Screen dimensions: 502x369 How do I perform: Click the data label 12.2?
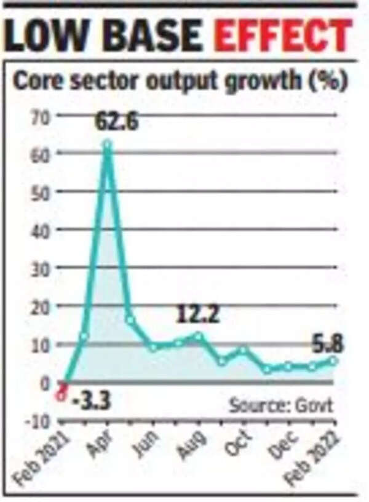click(x=199, y=316)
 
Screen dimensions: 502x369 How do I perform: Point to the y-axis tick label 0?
click(x=44, y=383)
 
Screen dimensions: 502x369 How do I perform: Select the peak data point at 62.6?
click(x=108, y=145)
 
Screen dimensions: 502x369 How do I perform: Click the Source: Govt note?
click(x=281, y=405)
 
